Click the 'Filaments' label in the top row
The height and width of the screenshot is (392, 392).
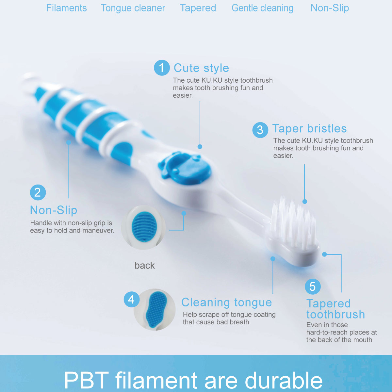66,8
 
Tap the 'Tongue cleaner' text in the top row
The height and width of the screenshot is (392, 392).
133,8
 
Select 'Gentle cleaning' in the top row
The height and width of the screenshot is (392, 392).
262,8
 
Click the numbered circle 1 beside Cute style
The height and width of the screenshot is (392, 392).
162,68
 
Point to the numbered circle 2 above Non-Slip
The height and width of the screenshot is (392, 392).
38,192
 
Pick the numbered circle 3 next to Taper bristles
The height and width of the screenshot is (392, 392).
260,130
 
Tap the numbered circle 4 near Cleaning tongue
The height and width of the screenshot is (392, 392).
131,299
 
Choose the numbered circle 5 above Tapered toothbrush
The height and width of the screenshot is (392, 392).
313,286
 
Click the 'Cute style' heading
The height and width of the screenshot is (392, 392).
201,68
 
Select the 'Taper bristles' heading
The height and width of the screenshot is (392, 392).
309,128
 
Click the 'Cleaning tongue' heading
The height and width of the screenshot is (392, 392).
226,302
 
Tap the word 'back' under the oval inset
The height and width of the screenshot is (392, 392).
144,265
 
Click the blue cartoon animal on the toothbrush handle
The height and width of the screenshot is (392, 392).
185,167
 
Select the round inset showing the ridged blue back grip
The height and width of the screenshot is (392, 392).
144,227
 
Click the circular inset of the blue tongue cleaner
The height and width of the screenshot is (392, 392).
155,309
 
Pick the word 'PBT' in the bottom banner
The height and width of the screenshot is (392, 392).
86,380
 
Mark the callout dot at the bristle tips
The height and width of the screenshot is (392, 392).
304,202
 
